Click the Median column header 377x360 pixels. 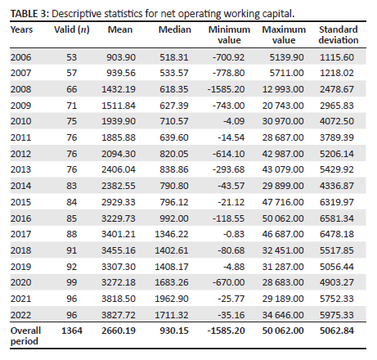click(175, 29)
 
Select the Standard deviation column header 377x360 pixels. click(339, 34)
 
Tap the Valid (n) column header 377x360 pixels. click(72, 29)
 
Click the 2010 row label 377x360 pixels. click(20, 121)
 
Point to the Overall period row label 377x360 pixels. click(25, 335)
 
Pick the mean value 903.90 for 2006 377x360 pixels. click(121, 57)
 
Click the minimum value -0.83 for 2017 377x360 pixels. click(234, 234)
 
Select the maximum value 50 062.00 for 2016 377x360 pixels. click(283, 218)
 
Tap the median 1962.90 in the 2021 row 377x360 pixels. click(172, 299)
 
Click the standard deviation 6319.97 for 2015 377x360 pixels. click(337, 202)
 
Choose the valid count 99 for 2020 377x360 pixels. click(72, 282)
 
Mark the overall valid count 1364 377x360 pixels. click(72, 331)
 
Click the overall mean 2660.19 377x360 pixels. click(119, 331)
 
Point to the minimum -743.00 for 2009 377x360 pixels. click(228, 106)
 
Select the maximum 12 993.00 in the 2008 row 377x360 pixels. click(283, 89)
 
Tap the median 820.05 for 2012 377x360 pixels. click(174, 154)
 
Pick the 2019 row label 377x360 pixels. click(20, 267)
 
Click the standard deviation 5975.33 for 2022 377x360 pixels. click(337, 315)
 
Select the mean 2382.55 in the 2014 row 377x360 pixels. click(119, 186)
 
